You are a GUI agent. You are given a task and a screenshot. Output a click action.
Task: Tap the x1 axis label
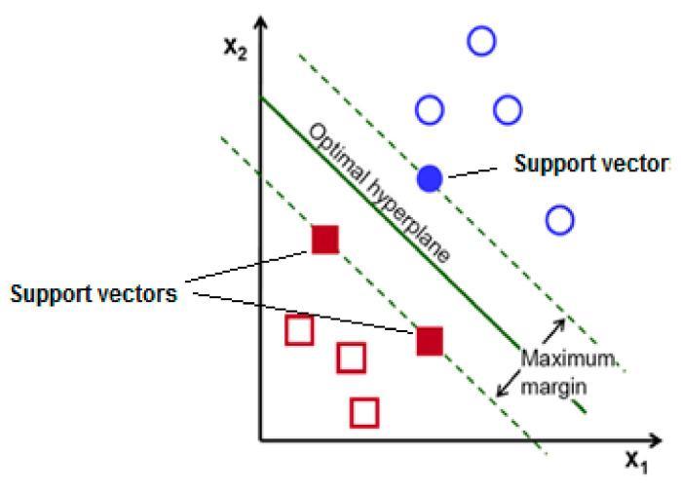click(637, 461)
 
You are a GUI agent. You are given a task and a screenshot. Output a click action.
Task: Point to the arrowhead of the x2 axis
click(260, 21)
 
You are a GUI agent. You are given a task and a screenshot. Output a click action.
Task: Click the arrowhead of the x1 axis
click(655, 441)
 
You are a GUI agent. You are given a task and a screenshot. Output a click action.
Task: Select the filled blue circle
click(430, 178)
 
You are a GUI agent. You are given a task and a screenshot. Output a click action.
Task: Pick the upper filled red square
click(325, 240)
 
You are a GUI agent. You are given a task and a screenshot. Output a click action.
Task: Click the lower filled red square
click(430, 341)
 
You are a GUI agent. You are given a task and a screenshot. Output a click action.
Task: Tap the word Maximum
click(569, 358)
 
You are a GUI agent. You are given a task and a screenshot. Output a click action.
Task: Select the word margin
click(553, 387)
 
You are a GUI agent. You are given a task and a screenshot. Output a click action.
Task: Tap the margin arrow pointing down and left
click(509, 384)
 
